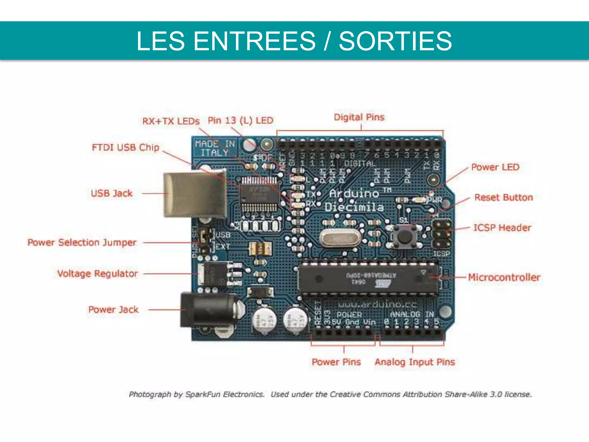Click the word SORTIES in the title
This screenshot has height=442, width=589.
click(395, 41)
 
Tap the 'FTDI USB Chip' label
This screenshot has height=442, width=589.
click(125, 147)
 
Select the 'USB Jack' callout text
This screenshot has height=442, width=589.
click(112, 193)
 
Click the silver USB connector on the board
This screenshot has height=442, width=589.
click(195, 195)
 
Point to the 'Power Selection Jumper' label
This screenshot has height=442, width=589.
click(82, 242)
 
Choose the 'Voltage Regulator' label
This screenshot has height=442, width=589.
click(97, 273)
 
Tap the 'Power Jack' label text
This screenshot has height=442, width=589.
click(113, 310)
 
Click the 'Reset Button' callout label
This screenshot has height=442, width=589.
click(504, 197)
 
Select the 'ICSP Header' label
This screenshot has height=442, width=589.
click(502, 228)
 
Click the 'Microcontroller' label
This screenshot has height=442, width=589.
click(504, 277)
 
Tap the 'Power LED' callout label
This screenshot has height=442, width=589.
click(495, 167)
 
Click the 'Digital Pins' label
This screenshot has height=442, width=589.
click(359, 117)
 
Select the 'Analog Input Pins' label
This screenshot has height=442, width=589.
click(415, 362)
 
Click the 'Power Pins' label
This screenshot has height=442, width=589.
click(336, 362)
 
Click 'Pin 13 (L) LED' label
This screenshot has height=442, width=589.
click(240, 120)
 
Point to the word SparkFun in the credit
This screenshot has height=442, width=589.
click(204, 394)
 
